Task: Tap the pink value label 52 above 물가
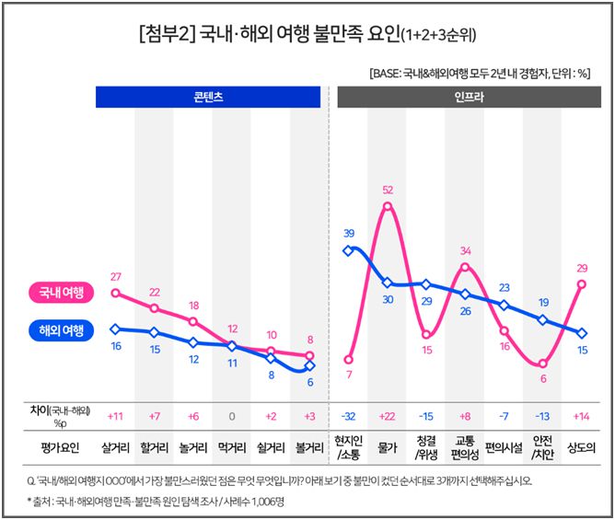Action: coord(388,191)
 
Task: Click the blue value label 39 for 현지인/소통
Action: coord(349,233)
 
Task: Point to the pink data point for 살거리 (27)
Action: coord(115,293)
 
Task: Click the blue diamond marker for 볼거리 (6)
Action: coord(310,368)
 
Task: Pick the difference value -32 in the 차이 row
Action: coord(348,416)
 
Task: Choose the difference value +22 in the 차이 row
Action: coord(388,416)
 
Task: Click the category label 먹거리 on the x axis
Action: coord(232,448)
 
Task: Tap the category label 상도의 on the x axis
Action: coord(582,448)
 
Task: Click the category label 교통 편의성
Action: coord(465,448)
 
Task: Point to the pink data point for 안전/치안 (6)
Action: coord(543,364)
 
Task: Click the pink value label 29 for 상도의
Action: coord(582,268)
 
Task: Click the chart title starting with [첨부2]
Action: coord(307,35)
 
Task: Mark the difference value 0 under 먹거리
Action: coord(232,416)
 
